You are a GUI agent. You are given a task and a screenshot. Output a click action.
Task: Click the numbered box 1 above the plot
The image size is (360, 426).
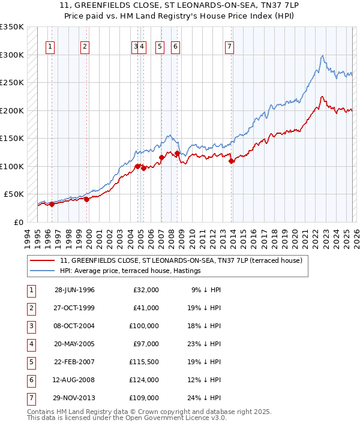50,46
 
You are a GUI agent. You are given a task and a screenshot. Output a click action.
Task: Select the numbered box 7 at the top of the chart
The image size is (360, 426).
230,46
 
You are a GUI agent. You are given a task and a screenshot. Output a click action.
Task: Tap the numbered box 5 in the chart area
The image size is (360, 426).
160,46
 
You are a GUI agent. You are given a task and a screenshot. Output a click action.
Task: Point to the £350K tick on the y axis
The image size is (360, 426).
12,27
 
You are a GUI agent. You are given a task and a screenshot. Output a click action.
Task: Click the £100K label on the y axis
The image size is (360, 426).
12,166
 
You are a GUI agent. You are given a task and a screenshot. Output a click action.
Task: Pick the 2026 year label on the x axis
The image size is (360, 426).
356,237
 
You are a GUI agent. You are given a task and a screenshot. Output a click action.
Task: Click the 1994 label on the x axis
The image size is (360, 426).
28,237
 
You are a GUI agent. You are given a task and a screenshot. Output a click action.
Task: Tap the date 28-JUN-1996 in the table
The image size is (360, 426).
74,290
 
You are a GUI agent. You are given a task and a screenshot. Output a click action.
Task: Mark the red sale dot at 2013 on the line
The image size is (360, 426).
232,161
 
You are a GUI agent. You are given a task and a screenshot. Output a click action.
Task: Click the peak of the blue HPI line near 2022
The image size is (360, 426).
323,56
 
